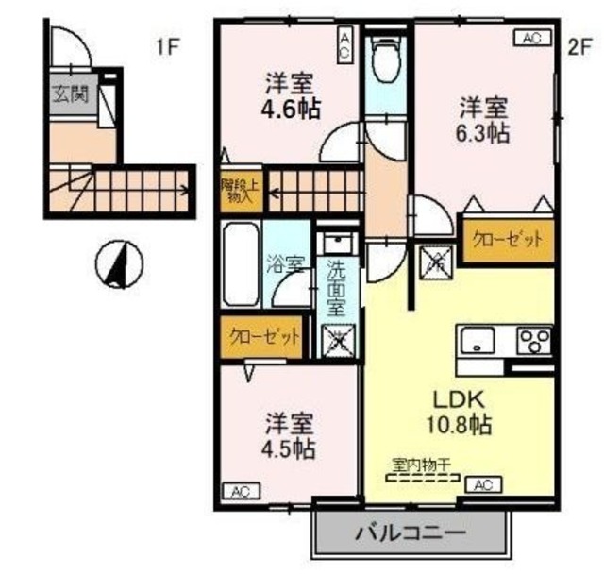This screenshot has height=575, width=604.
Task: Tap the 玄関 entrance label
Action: point(70,93)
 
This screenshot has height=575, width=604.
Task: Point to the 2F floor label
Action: point(578,47)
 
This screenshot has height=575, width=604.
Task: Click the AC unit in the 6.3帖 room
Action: point(530,38)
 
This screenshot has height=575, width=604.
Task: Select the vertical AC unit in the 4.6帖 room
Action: point(345,45)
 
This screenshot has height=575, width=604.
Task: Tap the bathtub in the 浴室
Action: point(242,263)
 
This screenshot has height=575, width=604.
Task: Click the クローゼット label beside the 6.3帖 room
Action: point(507,240)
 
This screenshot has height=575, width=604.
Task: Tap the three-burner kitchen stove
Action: point(534,340)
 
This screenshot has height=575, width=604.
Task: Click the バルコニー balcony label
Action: point(410,534)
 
